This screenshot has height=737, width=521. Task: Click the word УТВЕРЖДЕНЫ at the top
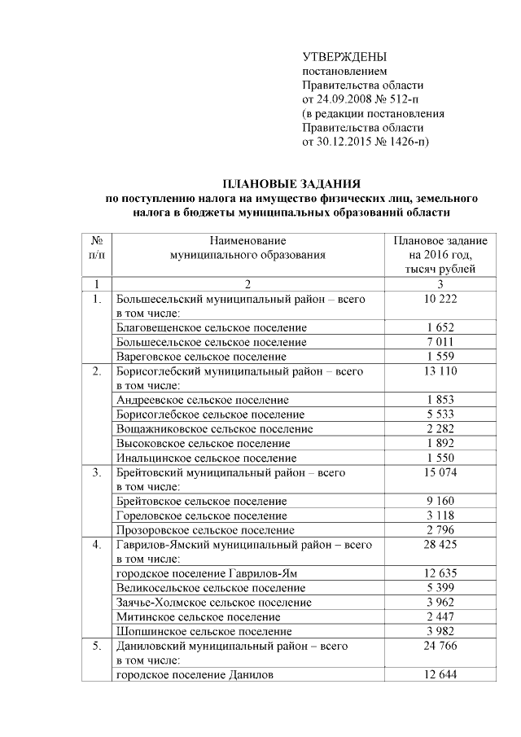point(344,58)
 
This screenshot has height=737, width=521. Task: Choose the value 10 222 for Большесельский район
point(440,299)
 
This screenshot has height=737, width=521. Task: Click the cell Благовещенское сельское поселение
point(211,327)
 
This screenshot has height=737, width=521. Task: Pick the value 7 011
point(440,342)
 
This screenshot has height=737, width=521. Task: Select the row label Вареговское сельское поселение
point(201,357)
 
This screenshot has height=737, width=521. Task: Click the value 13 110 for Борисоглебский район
point(440,371)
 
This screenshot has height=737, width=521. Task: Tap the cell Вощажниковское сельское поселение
point(215,429)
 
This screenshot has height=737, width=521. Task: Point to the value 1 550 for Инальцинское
point(440,458)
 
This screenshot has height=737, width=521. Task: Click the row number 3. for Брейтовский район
point(96,472)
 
